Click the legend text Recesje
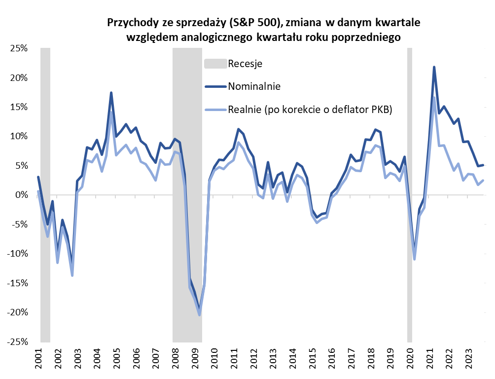point(245,64)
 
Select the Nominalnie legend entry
point(254,86)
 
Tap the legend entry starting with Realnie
point(310,110)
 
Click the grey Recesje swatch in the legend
point(215,64)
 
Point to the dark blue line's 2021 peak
point(434,67)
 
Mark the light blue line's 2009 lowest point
point(199,315)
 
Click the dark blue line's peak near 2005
point(111,93)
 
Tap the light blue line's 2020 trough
point(415,259)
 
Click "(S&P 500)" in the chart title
point(256,23)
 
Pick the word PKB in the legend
point(382,110)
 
